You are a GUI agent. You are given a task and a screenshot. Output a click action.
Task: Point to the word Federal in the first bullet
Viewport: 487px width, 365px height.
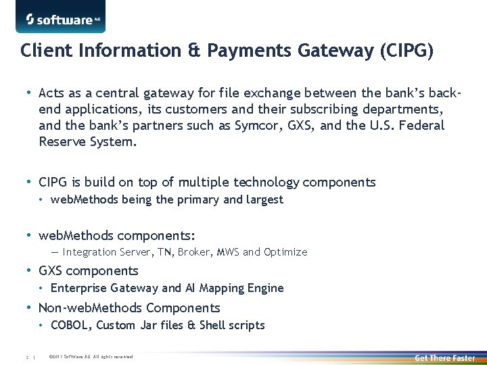pyautogui.click(x=421, y=125)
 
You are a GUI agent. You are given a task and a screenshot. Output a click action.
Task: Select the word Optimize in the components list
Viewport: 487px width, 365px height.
pyautogui.click(x=285, y=251)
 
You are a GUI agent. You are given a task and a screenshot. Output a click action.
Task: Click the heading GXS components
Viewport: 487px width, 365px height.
pyautogui.click(x=88, y=270)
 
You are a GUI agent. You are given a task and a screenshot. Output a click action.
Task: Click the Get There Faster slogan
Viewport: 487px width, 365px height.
pyautogui.click(x=444, y=357)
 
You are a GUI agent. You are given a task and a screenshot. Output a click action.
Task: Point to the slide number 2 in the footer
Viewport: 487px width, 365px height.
pyautogui.click(x=26, y=357)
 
